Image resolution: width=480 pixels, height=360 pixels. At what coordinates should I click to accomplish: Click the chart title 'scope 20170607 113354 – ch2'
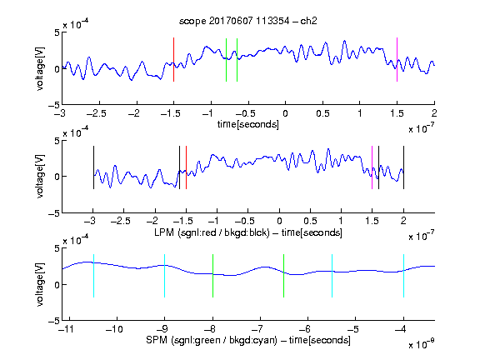point(248,21)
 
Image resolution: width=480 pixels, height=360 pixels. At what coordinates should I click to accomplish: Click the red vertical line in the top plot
point(173,60)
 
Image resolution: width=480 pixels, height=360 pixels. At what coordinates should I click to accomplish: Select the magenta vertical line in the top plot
point(397,60)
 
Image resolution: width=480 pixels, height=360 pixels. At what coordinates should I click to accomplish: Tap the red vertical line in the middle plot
point(186,167)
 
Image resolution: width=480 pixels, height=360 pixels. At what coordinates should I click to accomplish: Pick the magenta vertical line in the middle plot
point(372,167)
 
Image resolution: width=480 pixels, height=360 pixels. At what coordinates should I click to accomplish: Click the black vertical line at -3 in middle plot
point(93,167)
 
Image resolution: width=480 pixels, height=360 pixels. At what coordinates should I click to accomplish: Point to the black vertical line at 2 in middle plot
point(403,167)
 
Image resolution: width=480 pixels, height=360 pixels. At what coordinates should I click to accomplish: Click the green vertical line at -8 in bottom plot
point(212,276)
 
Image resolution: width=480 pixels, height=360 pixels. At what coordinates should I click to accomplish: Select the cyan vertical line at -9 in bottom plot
point(164,276)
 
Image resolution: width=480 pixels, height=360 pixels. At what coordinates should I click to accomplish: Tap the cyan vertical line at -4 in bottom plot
point(403,276)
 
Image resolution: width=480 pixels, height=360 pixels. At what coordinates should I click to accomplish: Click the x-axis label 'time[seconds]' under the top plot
point(248,124)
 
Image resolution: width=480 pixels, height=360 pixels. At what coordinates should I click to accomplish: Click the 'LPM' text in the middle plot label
point(164,232)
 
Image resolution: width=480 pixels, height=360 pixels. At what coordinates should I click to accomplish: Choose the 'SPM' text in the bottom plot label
point(157,340)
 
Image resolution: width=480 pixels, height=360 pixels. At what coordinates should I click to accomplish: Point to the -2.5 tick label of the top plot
point(97,113)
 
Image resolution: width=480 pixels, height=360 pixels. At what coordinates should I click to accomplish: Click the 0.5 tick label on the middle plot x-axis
point(310,221)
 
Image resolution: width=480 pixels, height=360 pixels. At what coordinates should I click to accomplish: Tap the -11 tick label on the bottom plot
point(67,329)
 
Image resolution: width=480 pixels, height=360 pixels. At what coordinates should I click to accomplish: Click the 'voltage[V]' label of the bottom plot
point(40,284)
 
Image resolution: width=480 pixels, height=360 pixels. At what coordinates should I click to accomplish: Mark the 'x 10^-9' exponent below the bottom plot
point(421,344)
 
